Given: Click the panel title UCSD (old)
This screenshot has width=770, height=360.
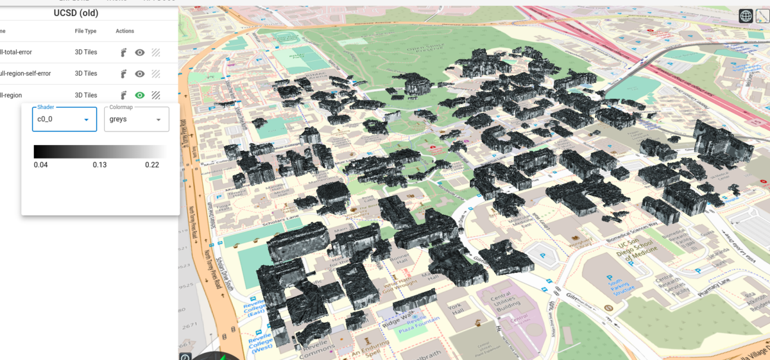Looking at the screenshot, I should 76,13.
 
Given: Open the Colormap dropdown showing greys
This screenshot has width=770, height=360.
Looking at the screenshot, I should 136,119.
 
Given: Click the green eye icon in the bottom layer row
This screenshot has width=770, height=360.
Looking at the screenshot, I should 139,95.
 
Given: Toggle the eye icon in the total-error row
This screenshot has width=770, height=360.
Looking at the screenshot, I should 139,53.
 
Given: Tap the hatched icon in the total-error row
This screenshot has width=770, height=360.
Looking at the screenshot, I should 155,53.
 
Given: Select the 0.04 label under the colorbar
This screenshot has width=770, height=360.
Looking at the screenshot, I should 40,165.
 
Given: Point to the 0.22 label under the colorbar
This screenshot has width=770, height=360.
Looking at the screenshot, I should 151,165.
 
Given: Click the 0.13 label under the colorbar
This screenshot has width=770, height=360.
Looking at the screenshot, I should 99,165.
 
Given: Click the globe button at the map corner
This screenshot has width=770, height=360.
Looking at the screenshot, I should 746,16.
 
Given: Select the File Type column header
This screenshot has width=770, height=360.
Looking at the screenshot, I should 85,31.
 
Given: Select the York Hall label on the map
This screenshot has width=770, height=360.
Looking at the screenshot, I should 455,310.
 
